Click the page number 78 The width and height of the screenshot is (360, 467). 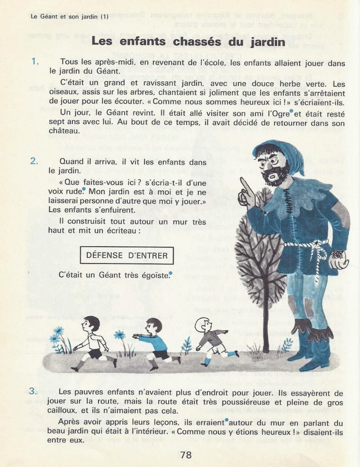[x=186, y=456]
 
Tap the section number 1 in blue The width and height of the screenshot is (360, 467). [x=34, y=62]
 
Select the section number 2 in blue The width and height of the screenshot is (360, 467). [x=34, y=161]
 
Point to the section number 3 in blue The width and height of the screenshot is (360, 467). [x=33, y=391]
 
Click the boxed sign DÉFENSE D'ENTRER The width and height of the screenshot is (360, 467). [x=127, y=256]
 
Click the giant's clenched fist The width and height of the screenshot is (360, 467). [x=339, y=259]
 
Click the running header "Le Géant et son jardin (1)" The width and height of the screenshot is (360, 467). [x=69, y=17]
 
